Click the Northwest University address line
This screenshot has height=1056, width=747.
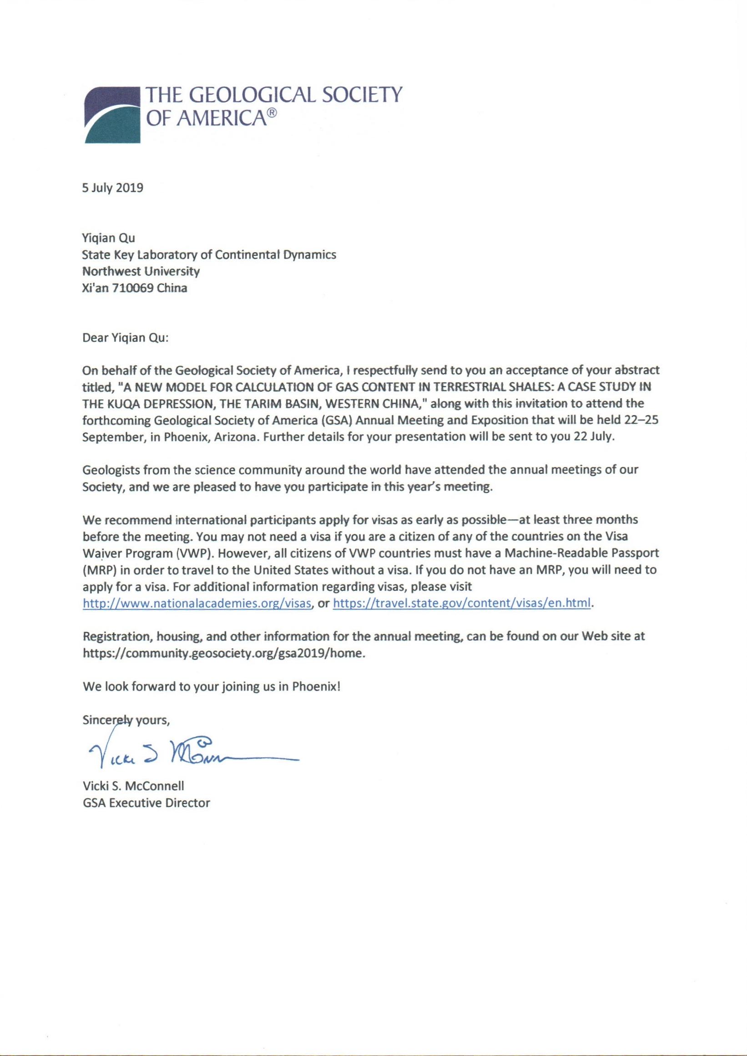(141, 271)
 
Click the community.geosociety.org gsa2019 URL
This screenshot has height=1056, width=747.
(223, 654)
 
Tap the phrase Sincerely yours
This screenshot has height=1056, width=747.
(126, 720)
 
